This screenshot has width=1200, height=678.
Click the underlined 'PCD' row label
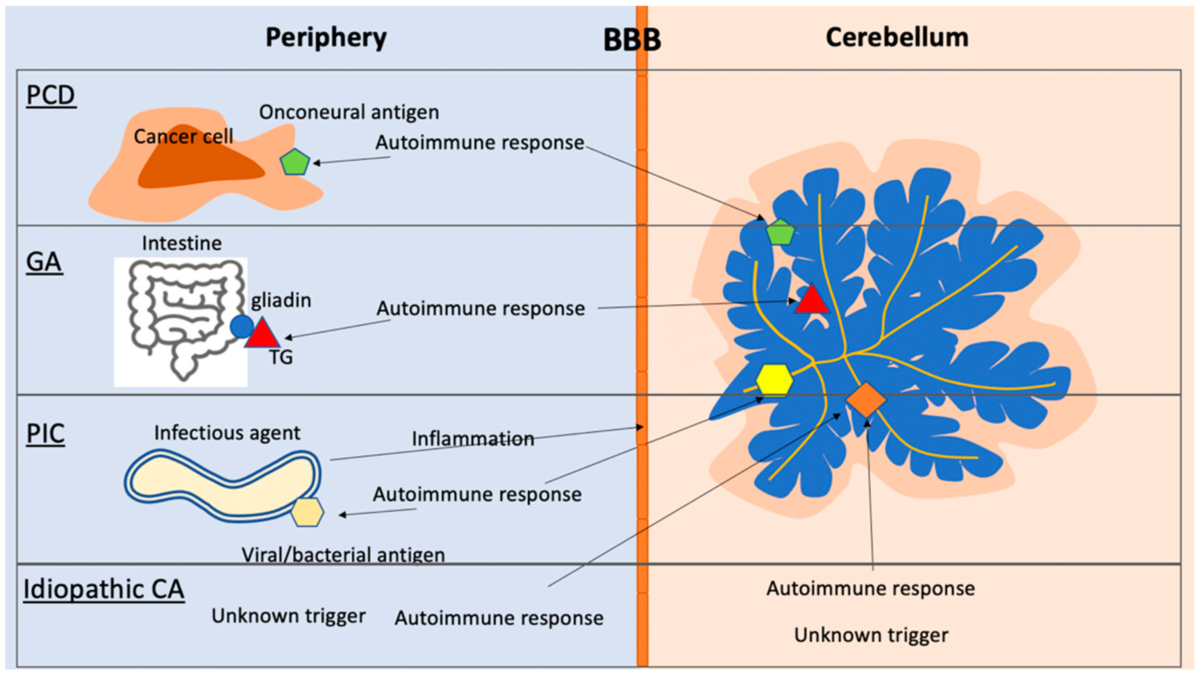[x=50, y=96]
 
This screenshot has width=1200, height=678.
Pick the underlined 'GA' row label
[x=44, y=262]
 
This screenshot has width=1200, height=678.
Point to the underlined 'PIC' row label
[x=45, y=434]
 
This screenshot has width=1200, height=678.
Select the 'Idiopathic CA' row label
[x=104, y=589]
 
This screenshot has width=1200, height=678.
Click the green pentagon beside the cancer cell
[x=295, y=162]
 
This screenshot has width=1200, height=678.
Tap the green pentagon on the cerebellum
[x=780, y=232]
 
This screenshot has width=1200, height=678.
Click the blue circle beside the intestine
[x=242, y=326]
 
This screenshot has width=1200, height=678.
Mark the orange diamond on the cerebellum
[x=866, y=400]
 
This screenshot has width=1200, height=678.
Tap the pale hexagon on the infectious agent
[x=307, y=512]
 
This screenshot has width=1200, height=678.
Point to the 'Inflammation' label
[x=473, y=439]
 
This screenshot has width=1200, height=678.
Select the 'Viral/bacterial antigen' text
[x=343, y=555]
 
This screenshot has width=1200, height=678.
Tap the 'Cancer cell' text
[x=183, y=137]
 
